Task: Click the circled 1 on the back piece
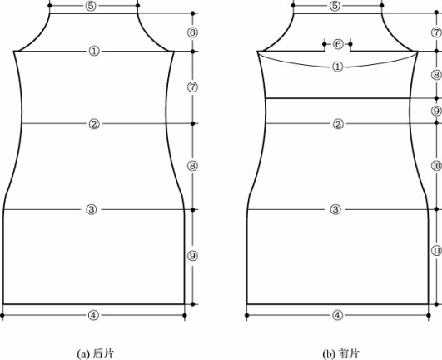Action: pos(94,52)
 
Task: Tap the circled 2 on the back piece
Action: pos(94,124)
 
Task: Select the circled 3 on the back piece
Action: pos(91,210)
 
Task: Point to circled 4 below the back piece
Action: pos(93,315)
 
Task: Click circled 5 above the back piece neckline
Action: pos(91,6)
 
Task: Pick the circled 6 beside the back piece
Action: pos(192,32)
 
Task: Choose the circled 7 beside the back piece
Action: pos(192,87)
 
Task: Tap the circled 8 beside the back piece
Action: pos(192,166)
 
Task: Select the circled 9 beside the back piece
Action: pos(192,256)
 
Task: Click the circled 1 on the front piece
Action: pos(338,67)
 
